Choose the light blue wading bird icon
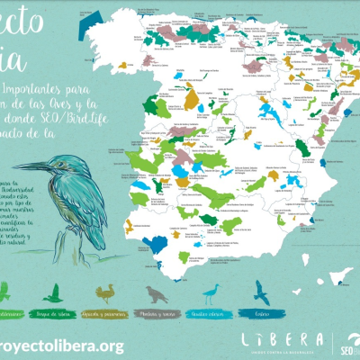click(212, 292)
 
